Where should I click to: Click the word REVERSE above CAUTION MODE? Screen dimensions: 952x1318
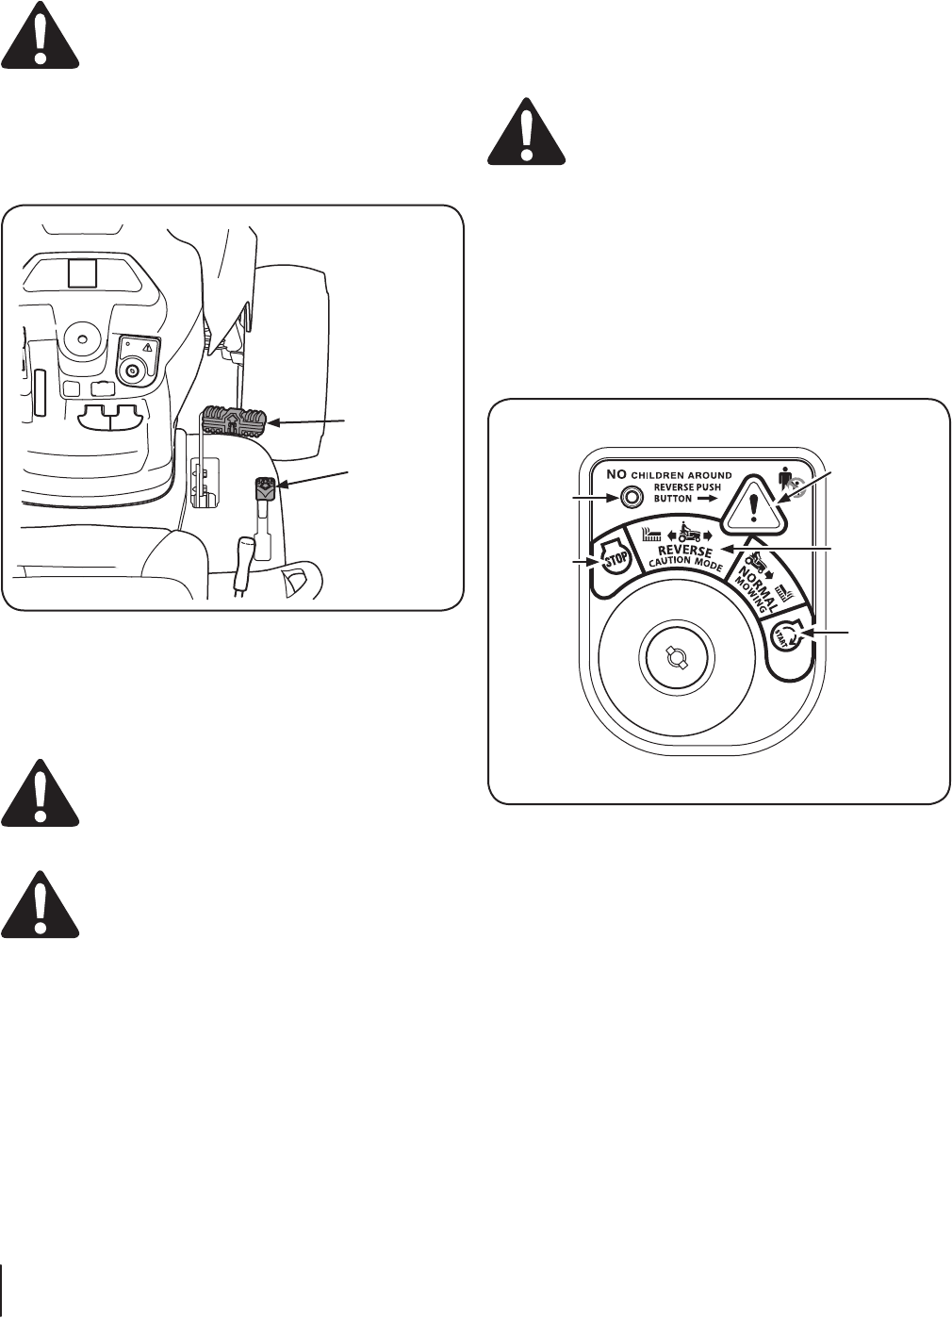(x=685, y=552)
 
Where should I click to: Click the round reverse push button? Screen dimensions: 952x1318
(x=619, y=497)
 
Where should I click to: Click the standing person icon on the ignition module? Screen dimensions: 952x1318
(x=788, y=479)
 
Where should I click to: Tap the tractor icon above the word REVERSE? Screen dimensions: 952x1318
(x=694, y=530)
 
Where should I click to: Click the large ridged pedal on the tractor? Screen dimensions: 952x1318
(x=233, y=420)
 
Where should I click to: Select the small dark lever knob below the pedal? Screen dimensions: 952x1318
(x=265, y=488)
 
